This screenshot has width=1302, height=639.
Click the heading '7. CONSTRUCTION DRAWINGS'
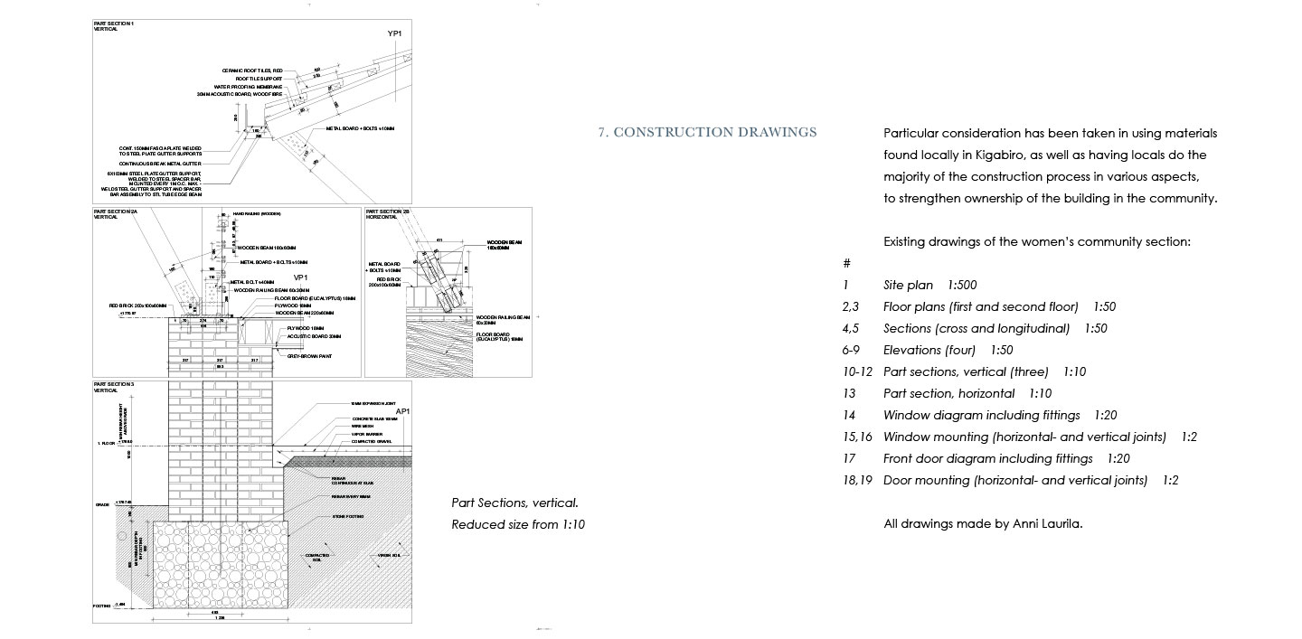pos(707,133)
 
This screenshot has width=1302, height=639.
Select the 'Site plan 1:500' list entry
pos(929,285)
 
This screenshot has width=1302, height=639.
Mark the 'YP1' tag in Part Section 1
pos(394,33)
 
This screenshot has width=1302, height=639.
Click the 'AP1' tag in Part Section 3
pos(403,411)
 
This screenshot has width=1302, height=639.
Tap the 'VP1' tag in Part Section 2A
pos(301,277)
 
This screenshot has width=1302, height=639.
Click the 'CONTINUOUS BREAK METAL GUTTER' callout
pos(163,164)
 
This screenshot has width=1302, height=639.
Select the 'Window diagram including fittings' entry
pos(981,415)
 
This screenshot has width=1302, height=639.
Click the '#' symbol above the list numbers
pos(846,263)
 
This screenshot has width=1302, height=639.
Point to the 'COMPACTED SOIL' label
pos(316,557)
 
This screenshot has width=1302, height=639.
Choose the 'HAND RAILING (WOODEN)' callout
pos(256,213)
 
